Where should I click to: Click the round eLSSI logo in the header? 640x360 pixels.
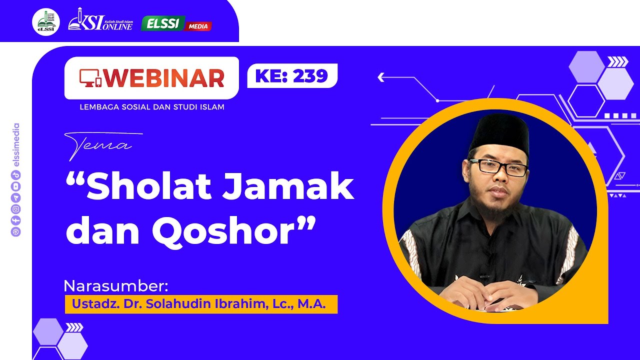coord(46,22)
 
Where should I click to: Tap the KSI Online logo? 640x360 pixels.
coord(100,20)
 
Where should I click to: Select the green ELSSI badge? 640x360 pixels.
coord(162,23)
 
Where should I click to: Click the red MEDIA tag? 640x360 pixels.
coord(198,26)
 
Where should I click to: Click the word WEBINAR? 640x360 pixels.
coord(164,78)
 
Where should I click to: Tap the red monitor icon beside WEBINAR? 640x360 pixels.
coord(90,77)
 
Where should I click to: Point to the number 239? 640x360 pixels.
coord(310,75)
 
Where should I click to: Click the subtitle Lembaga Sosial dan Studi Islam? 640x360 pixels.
coord(152,107)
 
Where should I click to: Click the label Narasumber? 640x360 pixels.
coord(116,286)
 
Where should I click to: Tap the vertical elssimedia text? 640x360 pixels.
coord(16,145)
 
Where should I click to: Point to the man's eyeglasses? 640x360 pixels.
coord(497,167)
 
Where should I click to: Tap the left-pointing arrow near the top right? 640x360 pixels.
coord(381,77)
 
